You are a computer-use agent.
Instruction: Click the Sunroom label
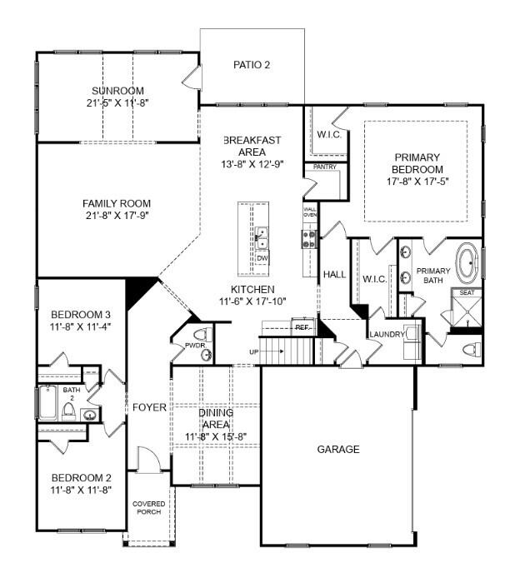pos(117,91)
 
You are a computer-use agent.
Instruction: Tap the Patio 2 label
pos(251,64)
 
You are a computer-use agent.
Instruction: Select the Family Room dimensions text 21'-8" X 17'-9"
pos(117,217)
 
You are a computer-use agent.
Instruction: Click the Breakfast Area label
pos(244,147)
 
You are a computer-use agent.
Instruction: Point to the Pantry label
pos(324,167)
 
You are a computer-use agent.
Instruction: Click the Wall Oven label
pos(310,212)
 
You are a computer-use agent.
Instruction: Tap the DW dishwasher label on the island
pos(262,258)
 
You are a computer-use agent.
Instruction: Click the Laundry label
pos(387,334)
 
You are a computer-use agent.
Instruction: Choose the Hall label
pos(334,274)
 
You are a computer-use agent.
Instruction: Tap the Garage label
pos(338,449)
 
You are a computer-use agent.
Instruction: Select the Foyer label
pos(149,407)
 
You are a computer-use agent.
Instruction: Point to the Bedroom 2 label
pos(81,477)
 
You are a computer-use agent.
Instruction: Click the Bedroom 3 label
pos(81,314)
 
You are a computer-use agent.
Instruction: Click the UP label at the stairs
pos(253,351)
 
